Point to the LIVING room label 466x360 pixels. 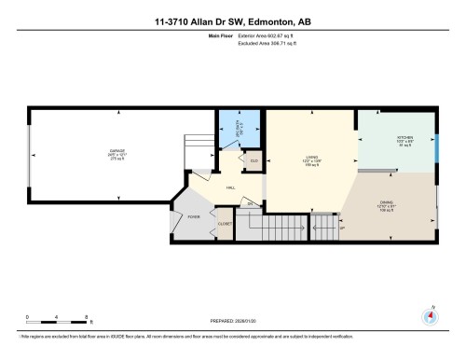click(312, 158)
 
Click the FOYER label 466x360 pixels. click(195, 216)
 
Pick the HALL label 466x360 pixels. click(230, 187)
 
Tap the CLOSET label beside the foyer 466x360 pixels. click(224, 223)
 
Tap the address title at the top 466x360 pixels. click(233, 21)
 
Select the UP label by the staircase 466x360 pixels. click(342, 228)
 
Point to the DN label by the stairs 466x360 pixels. click(249, 203)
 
